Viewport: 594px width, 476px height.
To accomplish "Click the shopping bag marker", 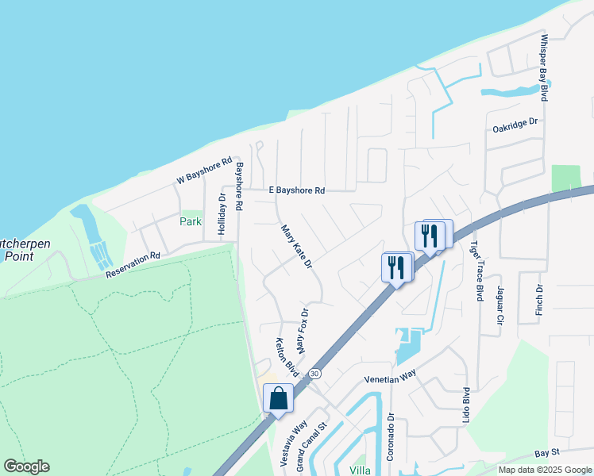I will point(279,397).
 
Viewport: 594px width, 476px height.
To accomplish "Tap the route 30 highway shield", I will point(315,374).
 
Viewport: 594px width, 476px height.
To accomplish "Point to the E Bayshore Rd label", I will point(297,190).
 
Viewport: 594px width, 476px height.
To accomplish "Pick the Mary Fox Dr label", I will point(301,331).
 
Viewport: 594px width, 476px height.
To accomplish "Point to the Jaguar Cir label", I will point(500,306).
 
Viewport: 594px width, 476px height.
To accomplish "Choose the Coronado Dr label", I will point(391,434).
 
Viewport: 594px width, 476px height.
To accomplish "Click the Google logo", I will point(26,466).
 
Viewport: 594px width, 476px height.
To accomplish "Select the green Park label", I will point(191,221).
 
